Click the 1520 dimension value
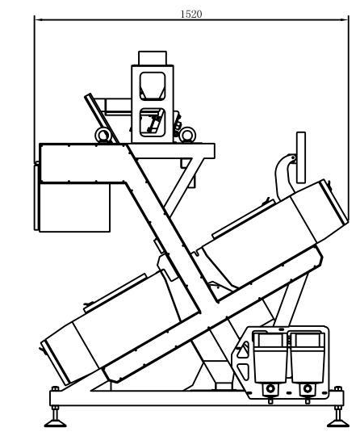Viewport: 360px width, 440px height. click(191, 14)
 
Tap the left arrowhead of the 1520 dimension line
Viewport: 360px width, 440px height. click(38, 19)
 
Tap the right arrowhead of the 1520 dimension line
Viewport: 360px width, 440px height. click(345, 19)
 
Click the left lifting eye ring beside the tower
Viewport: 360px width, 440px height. click(103, 136)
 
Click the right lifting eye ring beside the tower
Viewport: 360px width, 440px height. click(187, 135)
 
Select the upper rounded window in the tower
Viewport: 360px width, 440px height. click(153, 86)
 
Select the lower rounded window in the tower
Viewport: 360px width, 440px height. click(152, 123)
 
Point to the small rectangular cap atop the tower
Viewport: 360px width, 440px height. click(153, 58)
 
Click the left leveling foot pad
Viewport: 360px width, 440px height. click(55, 423)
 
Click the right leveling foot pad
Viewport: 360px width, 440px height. click(338, 423)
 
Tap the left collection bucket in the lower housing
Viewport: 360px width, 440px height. click(270, 357)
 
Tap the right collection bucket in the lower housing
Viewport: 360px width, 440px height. click(307, 357)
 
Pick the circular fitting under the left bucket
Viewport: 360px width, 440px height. click(270, 389)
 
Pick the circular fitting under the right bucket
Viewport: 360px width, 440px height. click(308, 389)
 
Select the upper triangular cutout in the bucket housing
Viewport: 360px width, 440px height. click(244, 350)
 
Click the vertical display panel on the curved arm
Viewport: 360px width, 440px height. click(301, 157)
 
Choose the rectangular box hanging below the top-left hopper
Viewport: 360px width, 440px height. click(74, 207)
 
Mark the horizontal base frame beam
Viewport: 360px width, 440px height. click(196, 398)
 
